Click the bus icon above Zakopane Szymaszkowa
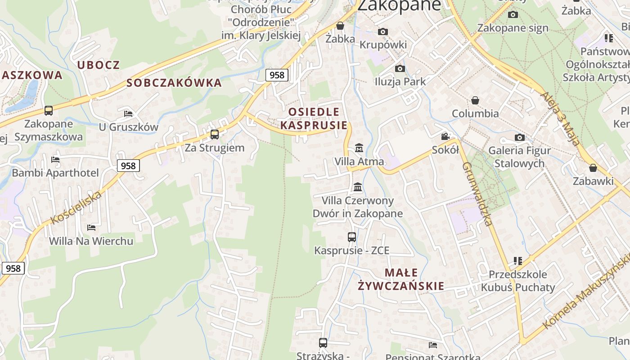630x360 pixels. (x=48, y=110)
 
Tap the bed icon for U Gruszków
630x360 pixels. (x=128, y=113)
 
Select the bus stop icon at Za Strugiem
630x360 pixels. (x=215, y=134)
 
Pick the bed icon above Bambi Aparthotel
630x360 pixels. (x=55, y=159)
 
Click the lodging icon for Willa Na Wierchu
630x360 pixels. (x=91, y=227)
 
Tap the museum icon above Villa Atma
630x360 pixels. (x=359, y=148)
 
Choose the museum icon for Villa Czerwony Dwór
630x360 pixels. (x=358, y=187)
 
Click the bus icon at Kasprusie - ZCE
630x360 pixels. (x=352, y=237)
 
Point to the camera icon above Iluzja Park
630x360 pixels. (x=400, y=68)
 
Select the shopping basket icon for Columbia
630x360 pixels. (x=475, y=100)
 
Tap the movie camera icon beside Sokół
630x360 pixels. (x=445, y=137)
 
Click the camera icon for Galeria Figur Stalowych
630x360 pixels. (x=520, y=137)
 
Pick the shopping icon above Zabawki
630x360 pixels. (x=593, y=168)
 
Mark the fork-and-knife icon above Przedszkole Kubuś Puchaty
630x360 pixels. (x=518, y=261)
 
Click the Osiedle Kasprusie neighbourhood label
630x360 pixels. (x=314, y=118)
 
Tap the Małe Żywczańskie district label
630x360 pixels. (x=401, y=279)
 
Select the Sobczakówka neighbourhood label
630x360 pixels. (x=174, y=83)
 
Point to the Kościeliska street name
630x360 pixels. (x=76, y=207)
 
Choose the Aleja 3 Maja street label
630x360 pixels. (x=559, y=119)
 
